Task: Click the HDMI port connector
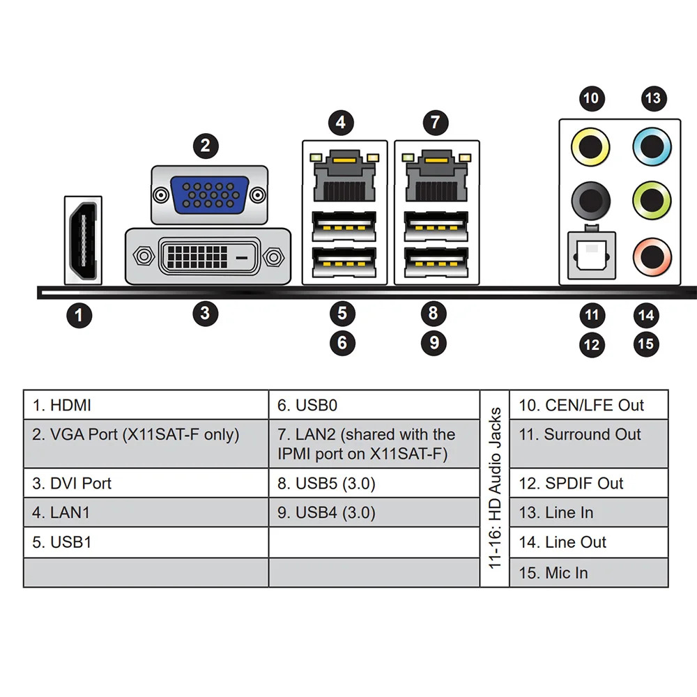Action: pos(83,240)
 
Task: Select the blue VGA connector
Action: pos(209,195)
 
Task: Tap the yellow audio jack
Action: pos(590,147)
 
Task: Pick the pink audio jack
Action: pos(652,257)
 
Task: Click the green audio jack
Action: pos(652,201)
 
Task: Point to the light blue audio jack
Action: pos(652,147)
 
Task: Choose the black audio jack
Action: pos(590,201)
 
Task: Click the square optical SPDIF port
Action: pos(592,255)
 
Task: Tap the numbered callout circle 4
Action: pos(341,123)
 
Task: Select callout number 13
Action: pos(654,98)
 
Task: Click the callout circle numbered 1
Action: pos(79,316)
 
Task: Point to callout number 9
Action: pos(434,343)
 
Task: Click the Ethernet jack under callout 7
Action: pos(436,176)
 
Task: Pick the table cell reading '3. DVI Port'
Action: pos(146,483)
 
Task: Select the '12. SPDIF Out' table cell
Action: pos(588,483)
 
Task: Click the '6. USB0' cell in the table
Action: pos(374,405)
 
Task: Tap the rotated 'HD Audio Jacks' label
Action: pos(495,488)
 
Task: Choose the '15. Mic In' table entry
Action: pos(588,572)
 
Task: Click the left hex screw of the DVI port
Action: pos(144,256)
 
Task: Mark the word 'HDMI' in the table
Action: pos(70,406)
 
